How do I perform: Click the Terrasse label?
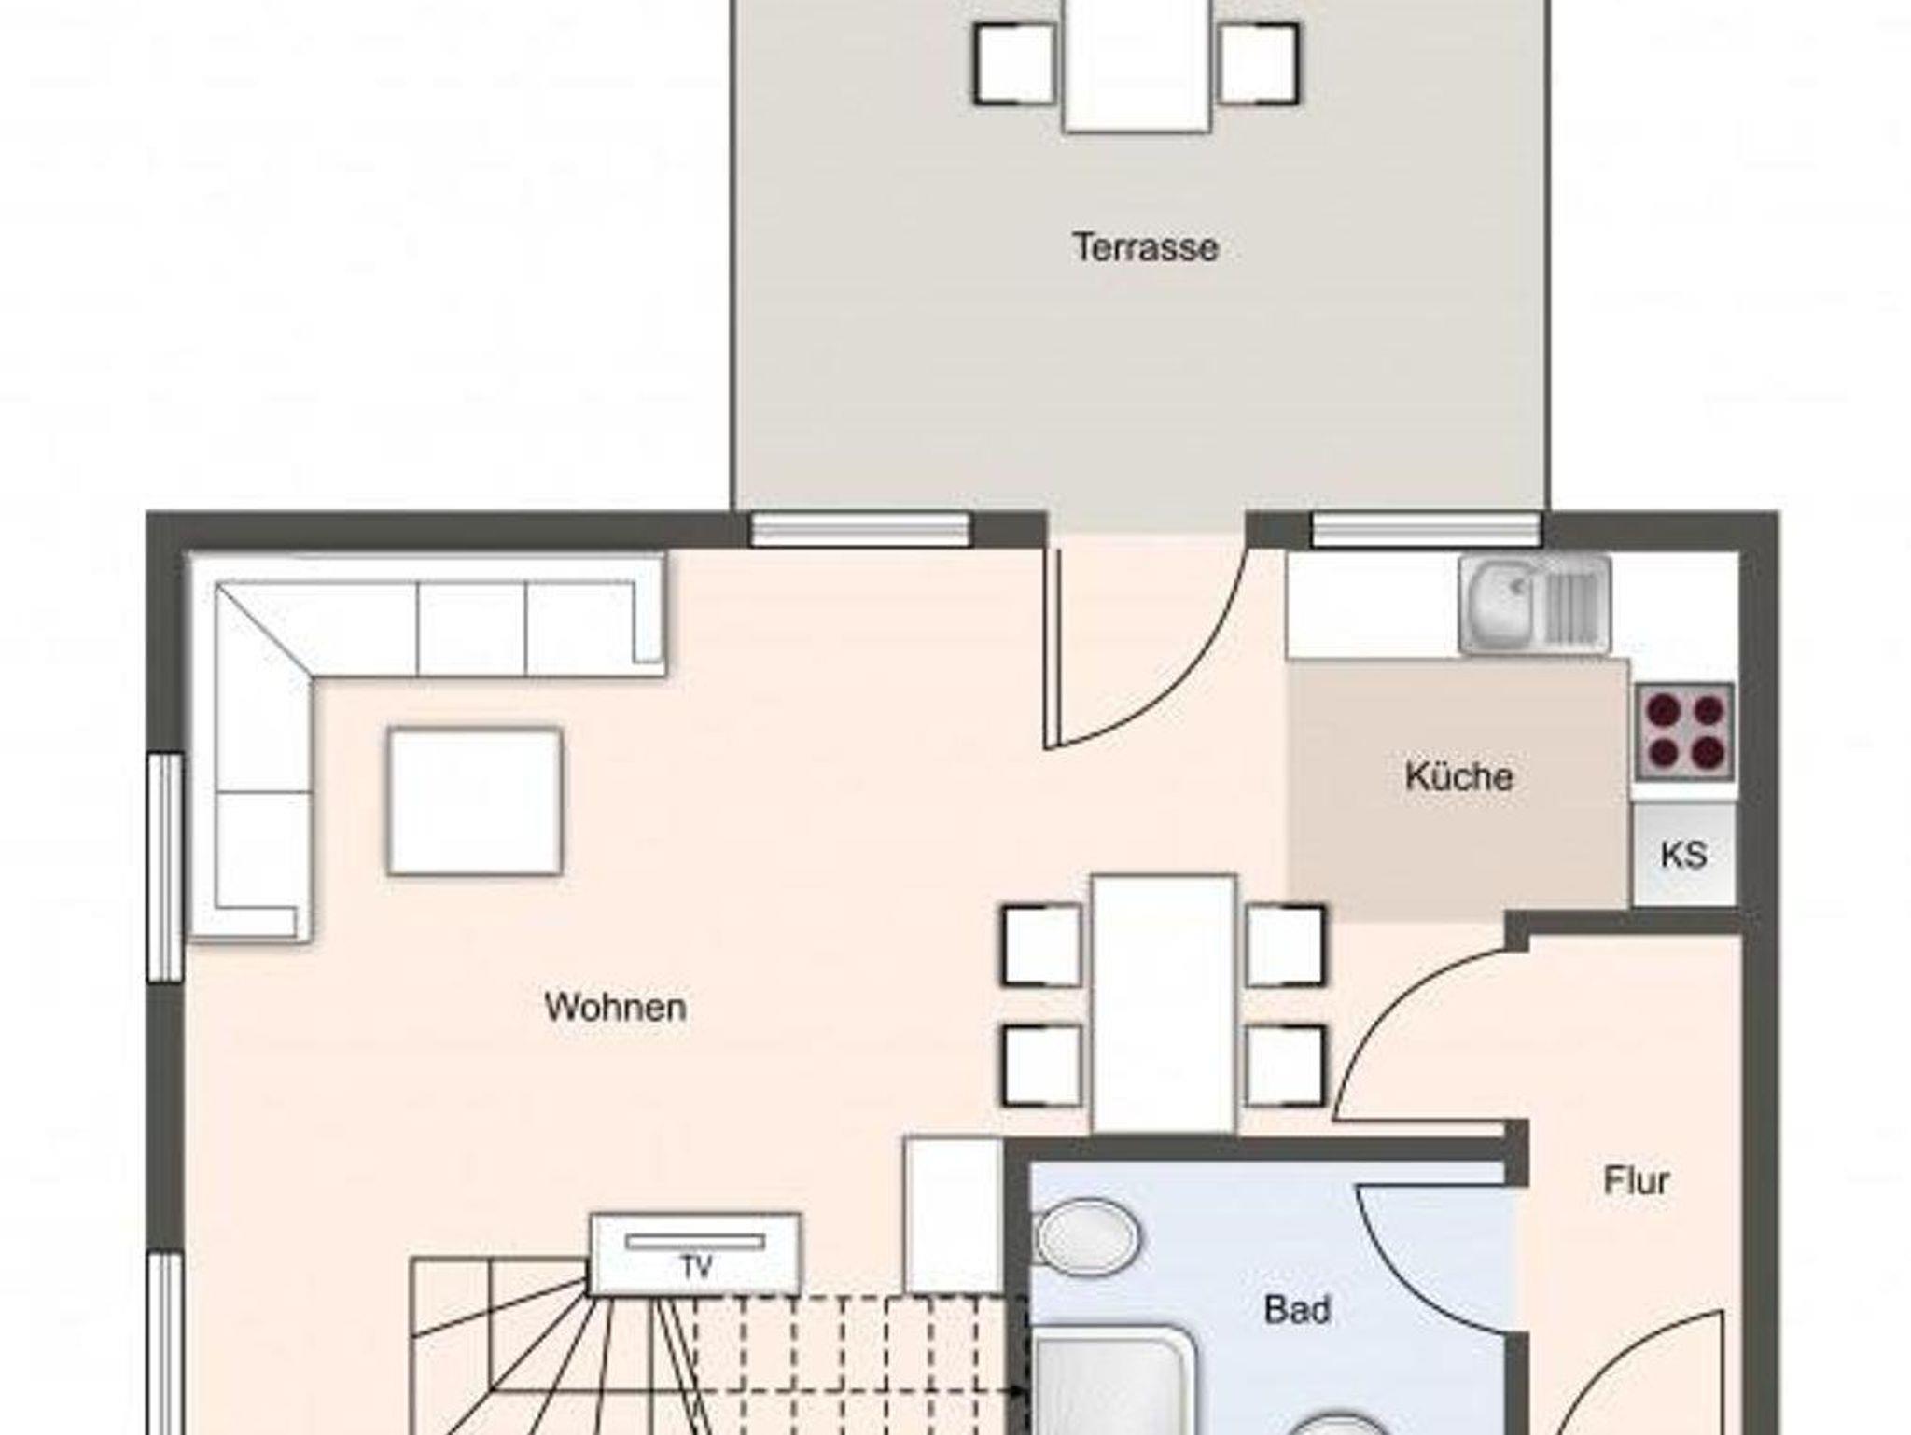(x=1146, y=247)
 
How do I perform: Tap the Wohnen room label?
(x=615, y=1008)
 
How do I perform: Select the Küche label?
(x=1458, y=776)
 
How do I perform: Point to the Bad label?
(x=1297, y=1309)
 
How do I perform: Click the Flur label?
(x=1636, y=1180)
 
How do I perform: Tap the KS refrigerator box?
(x=1684, y=854)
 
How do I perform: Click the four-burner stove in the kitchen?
(x=1684, y=731)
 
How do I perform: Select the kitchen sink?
(x=1535, y=605)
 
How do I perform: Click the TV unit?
(x=695, y=1254)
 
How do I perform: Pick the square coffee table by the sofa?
(x=475, y=801)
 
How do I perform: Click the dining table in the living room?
(x=1165, y=1004)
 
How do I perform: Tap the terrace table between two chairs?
(x=1137, y=65)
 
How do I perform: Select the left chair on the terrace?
(x=1015, y=63)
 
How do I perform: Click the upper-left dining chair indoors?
(x=1041, y=944)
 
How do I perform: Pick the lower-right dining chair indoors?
(x=1285, y=1066)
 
